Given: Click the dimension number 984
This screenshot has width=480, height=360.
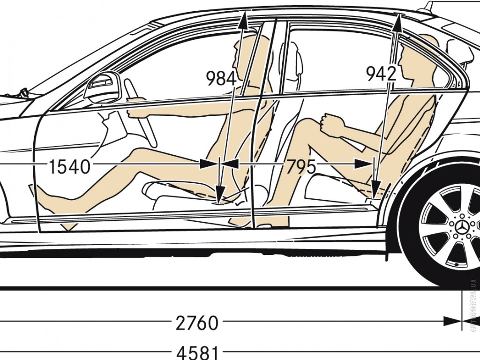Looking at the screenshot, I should [221, 78].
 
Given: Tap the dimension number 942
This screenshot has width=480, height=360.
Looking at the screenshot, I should [381, 74].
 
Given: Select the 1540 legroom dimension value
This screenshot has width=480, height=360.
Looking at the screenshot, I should [69, 166].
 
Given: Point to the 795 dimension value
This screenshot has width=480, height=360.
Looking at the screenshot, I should [300, 166].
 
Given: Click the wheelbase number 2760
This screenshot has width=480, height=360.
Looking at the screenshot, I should [197, 323].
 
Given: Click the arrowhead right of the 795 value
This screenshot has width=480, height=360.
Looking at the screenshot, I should [364, 164].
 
